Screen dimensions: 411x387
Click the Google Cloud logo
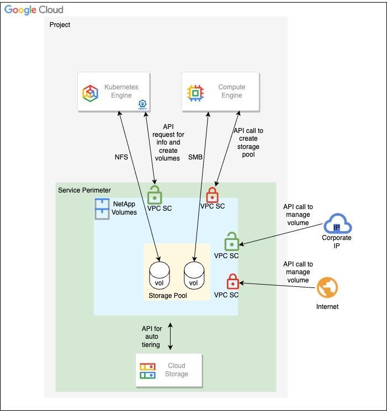coord(34,10)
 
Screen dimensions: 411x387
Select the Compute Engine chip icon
coord(195,92)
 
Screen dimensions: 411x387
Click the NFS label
coord(121,157)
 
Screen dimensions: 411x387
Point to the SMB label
coord(195,157)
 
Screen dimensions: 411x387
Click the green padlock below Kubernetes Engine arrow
coord(155,195)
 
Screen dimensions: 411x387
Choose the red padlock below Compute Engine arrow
coord(212,195)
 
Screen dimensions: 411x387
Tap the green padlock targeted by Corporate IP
coord(232,242)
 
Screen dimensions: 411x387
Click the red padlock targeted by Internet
coord(233,282)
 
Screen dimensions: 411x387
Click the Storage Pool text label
coord(168,296)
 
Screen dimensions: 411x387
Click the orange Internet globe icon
coord(327,287)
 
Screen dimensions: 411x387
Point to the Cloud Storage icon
coord(147,371)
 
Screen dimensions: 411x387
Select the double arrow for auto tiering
coord(171,337)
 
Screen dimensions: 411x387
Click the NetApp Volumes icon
coord(103,209)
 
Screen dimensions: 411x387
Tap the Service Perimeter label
coord(84,190)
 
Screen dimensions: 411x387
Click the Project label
coord(60,25)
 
